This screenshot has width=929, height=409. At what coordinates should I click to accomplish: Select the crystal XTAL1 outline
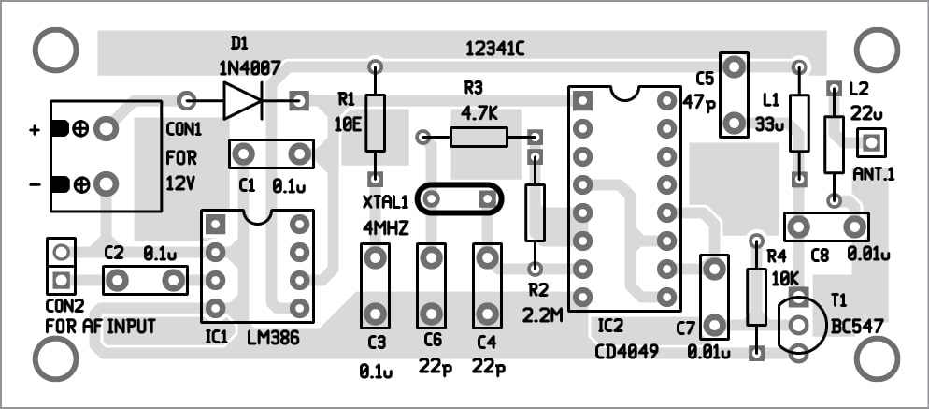[x=459, y=199]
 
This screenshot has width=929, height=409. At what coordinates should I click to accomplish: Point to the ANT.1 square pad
[x=871, y=143]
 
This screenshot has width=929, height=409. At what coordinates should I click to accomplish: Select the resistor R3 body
[x=479, y=138]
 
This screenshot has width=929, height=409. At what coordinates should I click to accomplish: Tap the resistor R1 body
[x=375, y=122]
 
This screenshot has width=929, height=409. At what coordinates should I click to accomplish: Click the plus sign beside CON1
[x=35, y=130]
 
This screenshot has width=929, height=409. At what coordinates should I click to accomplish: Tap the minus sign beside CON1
[x=35, y=184]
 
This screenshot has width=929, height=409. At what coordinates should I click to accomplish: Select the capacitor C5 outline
[x=735, y=95]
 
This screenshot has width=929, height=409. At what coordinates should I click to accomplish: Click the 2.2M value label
[x=543, y=315]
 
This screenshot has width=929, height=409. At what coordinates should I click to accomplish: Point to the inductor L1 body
[x=798, y=123]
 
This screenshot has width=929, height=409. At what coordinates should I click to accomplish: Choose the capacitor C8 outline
[x=825, y=226]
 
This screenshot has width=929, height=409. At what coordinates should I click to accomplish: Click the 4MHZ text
[x=385, y=227]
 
